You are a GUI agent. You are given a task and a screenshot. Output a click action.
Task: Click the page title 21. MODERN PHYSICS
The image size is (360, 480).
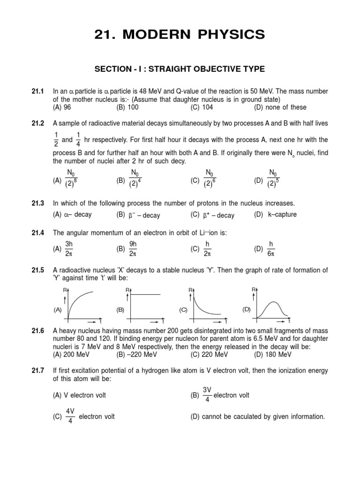(180, 34)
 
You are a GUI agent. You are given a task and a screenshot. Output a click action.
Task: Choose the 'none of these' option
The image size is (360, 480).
(280, 107)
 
